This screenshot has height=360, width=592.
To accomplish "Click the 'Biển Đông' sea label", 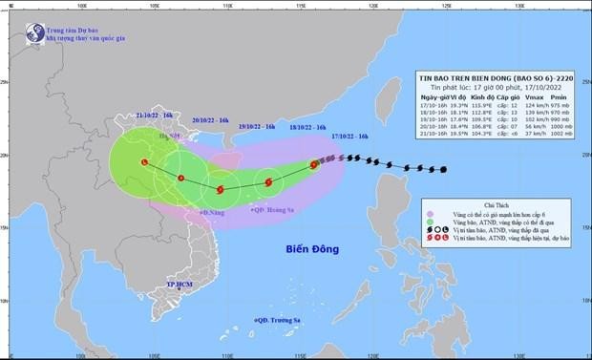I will coord(315,251).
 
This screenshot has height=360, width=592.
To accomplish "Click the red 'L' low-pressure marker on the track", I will coord(144,163).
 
